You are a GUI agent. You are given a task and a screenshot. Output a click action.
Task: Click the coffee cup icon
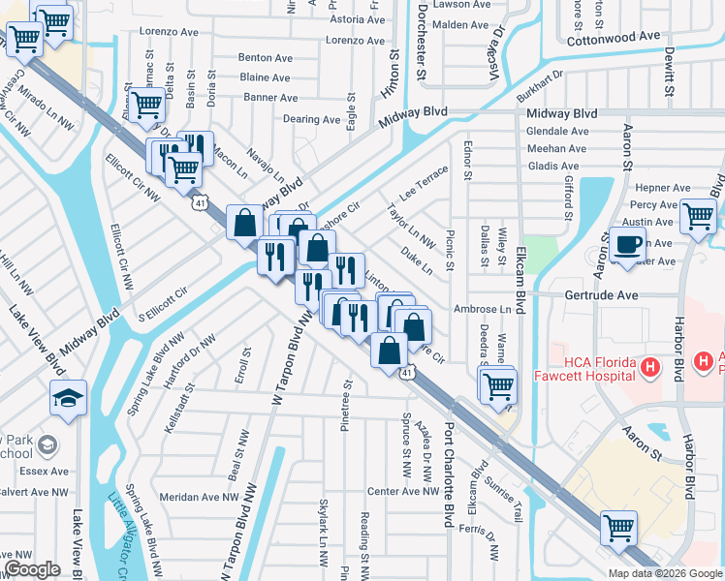tap(627, 245)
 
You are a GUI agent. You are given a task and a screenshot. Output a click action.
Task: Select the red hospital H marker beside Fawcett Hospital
tap(649, 368)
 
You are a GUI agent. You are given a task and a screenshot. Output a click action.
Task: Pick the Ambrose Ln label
tap(482, 309)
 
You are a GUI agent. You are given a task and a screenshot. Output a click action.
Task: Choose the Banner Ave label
tap(270, 98)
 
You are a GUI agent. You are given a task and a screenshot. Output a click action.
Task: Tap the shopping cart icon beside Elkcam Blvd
tap(498, 384)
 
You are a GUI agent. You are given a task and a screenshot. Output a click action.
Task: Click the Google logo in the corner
tap(32, 569)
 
